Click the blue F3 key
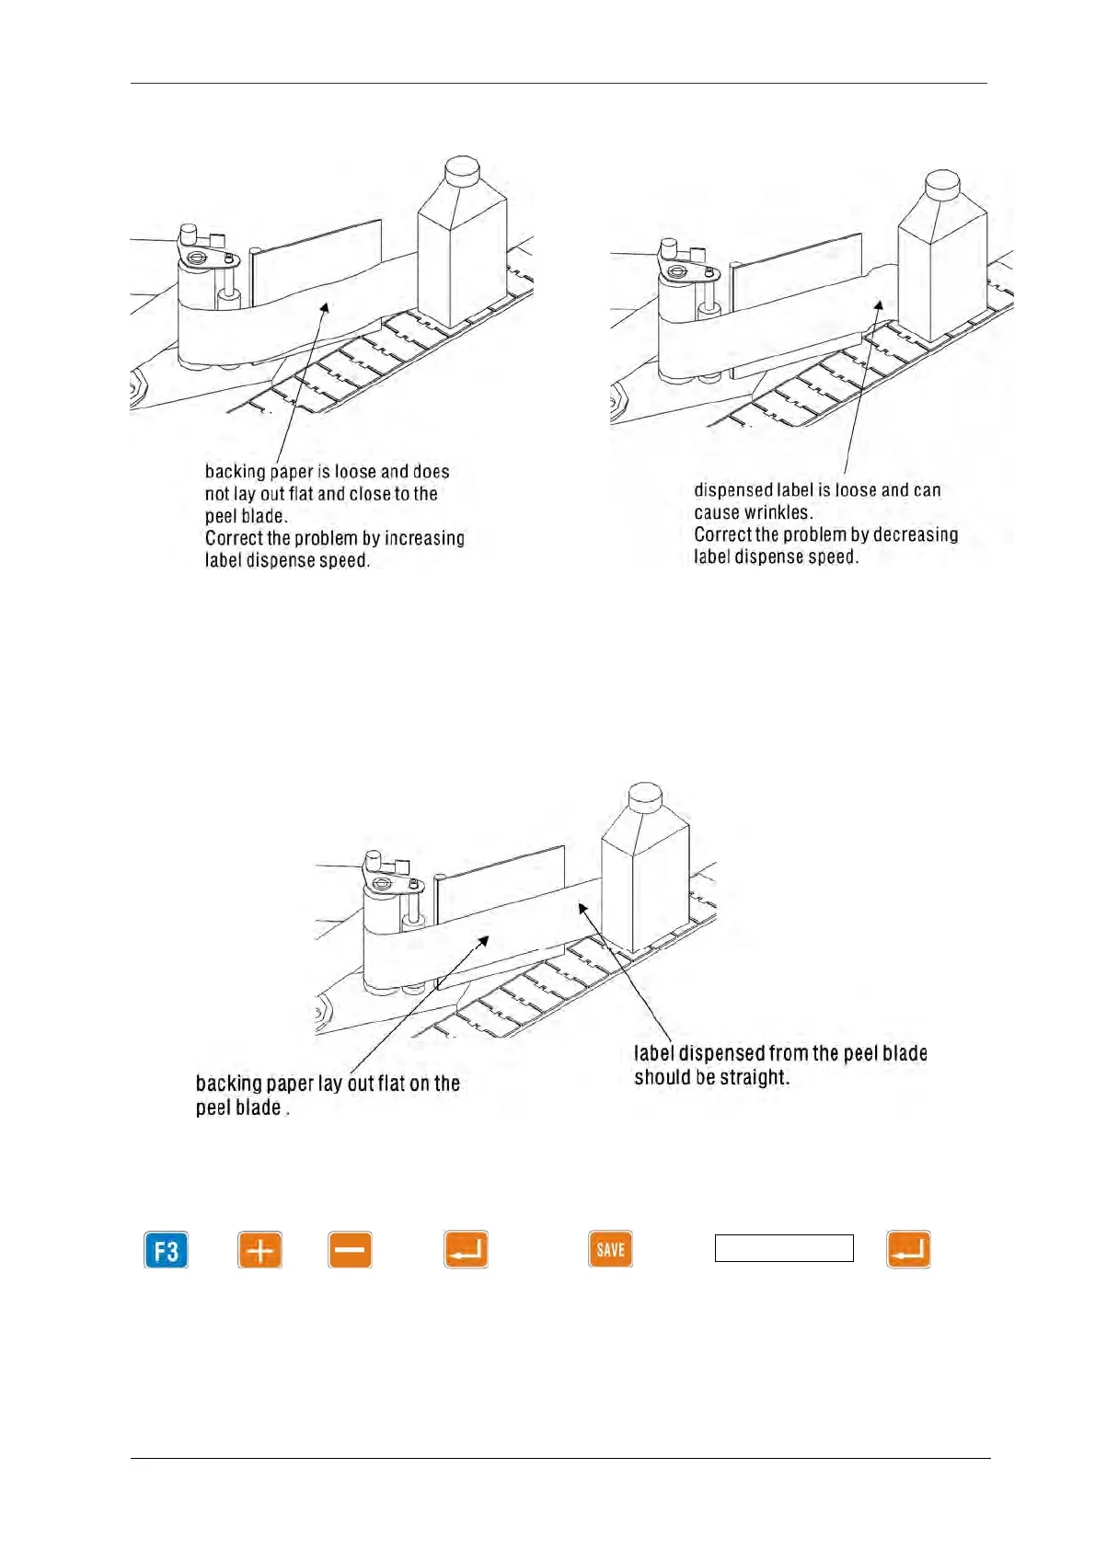(x=167, y=1250)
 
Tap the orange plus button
(x=260, y=1250)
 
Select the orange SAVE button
(x=610, y=1249)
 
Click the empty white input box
(x=784, y=1248)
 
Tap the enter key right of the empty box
(x=908, y=1249)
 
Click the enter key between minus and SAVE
(x=466, y=1249)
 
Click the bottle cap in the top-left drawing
(x=462, y=169)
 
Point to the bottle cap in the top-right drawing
(x=942, y=183)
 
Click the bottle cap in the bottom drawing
(x=645, y=797)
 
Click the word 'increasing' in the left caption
(x=424, y=538)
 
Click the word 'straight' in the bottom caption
(x=755, y=1077)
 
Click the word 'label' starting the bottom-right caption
(x=653, y=1054)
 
